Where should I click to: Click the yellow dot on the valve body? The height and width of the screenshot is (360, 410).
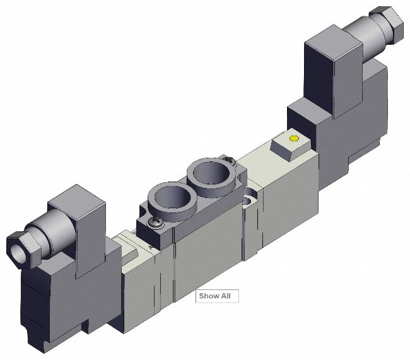(293, 138)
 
